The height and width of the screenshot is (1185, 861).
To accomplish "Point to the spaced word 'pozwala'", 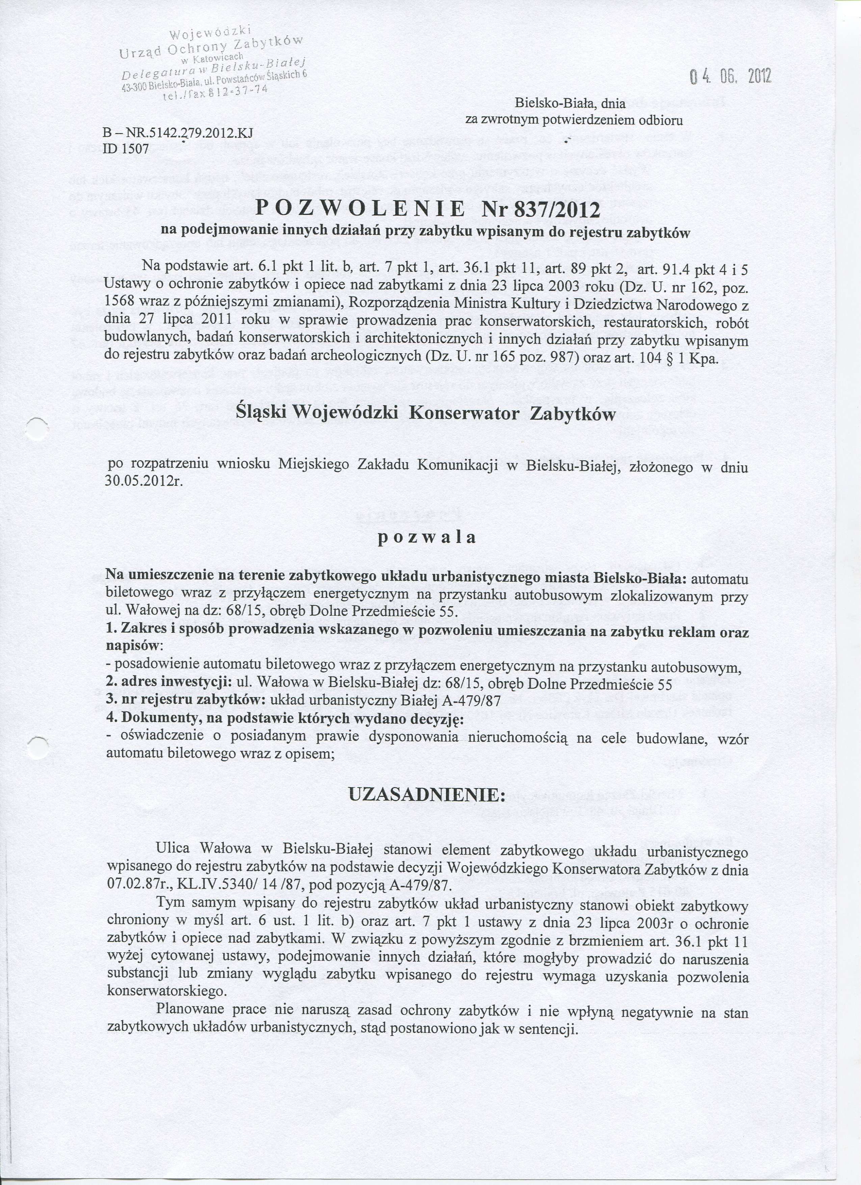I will point(427,538).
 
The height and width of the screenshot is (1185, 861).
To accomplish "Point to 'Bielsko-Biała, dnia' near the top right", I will point(570,103).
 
